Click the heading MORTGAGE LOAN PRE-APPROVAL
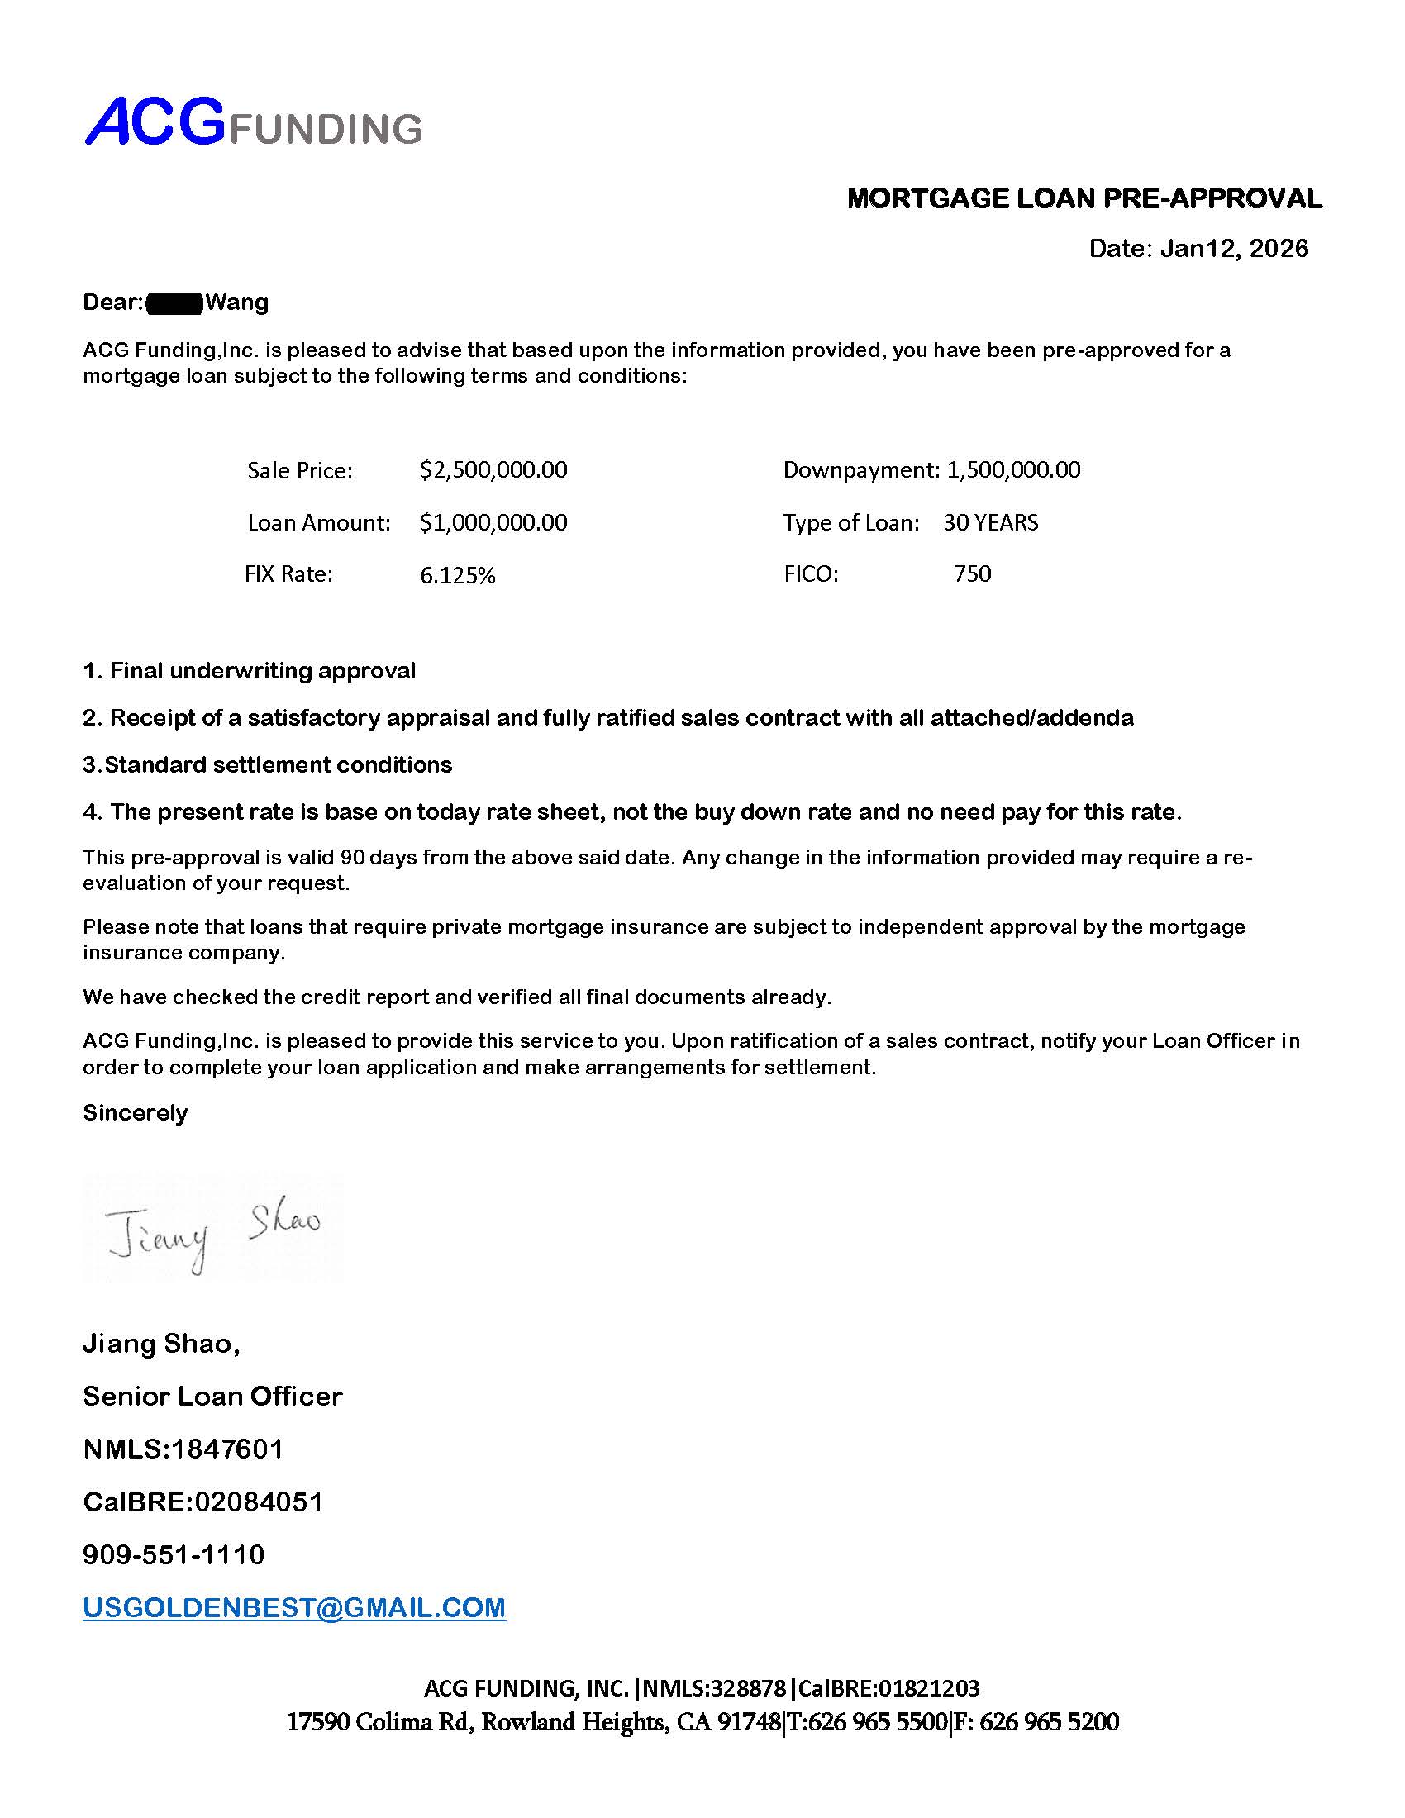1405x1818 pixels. pos(1084,198)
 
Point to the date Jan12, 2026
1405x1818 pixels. pos(1234,248)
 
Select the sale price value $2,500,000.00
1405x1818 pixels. pos(493,470)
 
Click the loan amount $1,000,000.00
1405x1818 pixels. pos(493,523)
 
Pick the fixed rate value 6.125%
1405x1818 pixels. pos(457,575)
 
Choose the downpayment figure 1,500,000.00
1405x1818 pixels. pos(1013,470)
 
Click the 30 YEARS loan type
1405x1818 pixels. pos(989,523)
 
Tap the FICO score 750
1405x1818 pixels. pos(971,574)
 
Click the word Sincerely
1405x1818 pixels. pos(135,1113)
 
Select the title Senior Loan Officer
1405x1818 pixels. pos(212,1396)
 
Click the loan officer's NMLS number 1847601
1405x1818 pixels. pos(226,1449)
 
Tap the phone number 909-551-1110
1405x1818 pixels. pos(173,1554)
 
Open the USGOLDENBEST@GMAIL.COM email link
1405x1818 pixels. pos(294,1607)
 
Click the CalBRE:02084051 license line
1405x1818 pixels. pos(203,1502)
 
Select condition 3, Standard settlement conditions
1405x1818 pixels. pos(267,765)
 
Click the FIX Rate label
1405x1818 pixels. pos(288,574)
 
